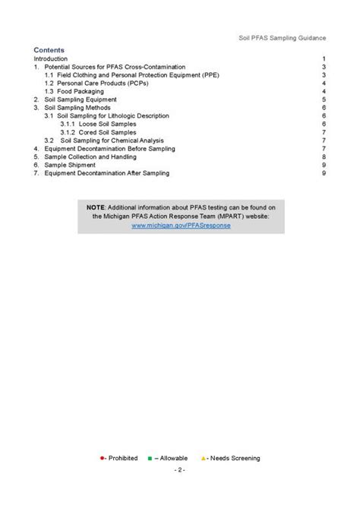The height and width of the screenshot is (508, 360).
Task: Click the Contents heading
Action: tap(49, 50)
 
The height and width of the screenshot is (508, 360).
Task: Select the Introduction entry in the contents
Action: tap(50, 58)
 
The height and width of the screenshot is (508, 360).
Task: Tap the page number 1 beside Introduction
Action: tap(324, 58)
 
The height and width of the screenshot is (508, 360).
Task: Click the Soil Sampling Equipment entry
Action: tap(80, 99)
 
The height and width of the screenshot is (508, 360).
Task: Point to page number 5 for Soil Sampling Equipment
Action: tap(324, 99)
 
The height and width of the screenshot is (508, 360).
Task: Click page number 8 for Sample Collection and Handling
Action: tap(324, 156)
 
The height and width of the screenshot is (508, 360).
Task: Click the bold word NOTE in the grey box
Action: tap(96, 207)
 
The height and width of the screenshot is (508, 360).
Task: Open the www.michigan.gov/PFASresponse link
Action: tap(180, 226)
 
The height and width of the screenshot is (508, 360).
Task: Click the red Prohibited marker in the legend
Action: tap(102, 458)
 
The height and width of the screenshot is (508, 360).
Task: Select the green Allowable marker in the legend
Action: tap(150, 458)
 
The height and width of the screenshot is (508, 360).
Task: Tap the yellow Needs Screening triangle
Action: tap(203, 458)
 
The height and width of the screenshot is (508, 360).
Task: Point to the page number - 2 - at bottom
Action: tap(180, 471)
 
